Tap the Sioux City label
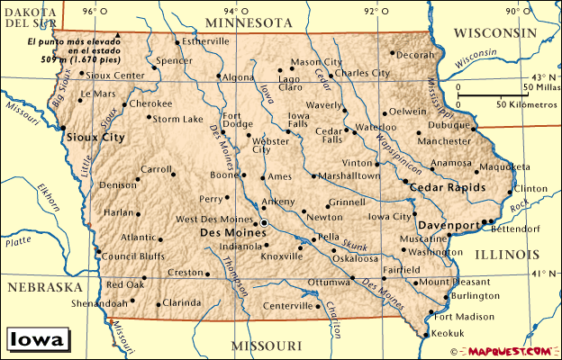(x=95, y=138)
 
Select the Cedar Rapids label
(x=448, y=187)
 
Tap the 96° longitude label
(x=88, y=11)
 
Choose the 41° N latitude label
(x=545, y=273)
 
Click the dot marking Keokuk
(x=424, y=333)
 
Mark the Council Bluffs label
(x=131, y=255)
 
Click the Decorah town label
(x=415, y=54)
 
